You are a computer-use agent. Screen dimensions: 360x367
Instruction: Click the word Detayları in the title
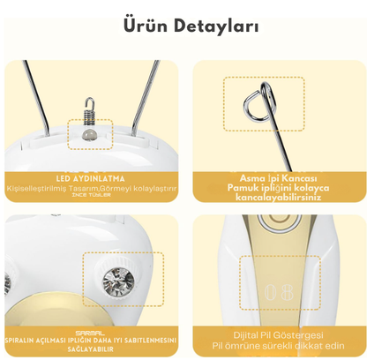pyautogui.click(x=214, y=26)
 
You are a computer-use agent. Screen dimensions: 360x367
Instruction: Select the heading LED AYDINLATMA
pyautogui.click(x=92, y=176)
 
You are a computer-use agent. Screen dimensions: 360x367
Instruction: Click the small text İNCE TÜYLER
pyautogui.click(x=92, y=196)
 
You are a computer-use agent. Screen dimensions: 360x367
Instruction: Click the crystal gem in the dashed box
pyautogui.click(x=116, y=283)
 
